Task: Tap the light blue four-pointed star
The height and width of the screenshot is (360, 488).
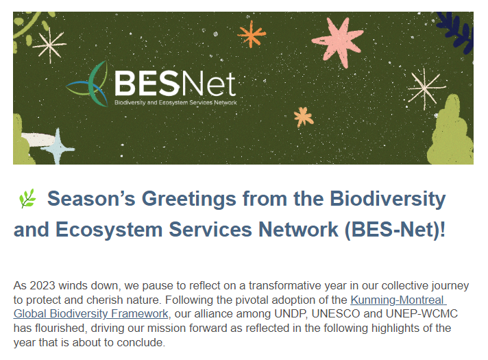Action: [58, 147]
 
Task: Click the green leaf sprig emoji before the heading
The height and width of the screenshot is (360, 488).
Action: [27, 198]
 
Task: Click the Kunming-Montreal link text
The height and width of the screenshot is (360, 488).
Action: [398, 300]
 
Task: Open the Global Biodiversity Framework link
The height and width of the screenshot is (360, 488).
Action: [91, 313]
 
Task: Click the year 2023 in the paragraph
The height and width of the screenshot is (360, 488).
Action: [42, 285]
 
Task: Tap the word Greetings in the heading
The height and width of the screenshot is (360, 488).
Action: [189, 200]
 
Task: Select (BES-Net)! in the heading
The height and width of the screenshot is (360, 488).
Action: [395, 230]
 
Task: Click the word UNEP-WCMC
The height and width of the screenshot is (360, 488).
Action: [422, 313]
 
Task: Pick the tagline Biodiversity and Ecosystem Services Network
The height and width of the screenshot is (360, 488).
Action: [175, 102]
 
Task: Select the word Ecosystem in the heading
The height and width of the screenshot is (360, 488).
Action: [109, 230]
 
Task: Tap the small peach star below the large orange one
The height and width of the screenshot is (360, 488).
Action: [304, 117]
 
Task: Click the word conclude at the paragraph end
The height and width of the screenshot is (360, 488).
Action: [141, 343]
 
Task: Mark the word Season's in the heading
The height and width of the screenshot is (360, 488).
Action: [91, 199]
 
